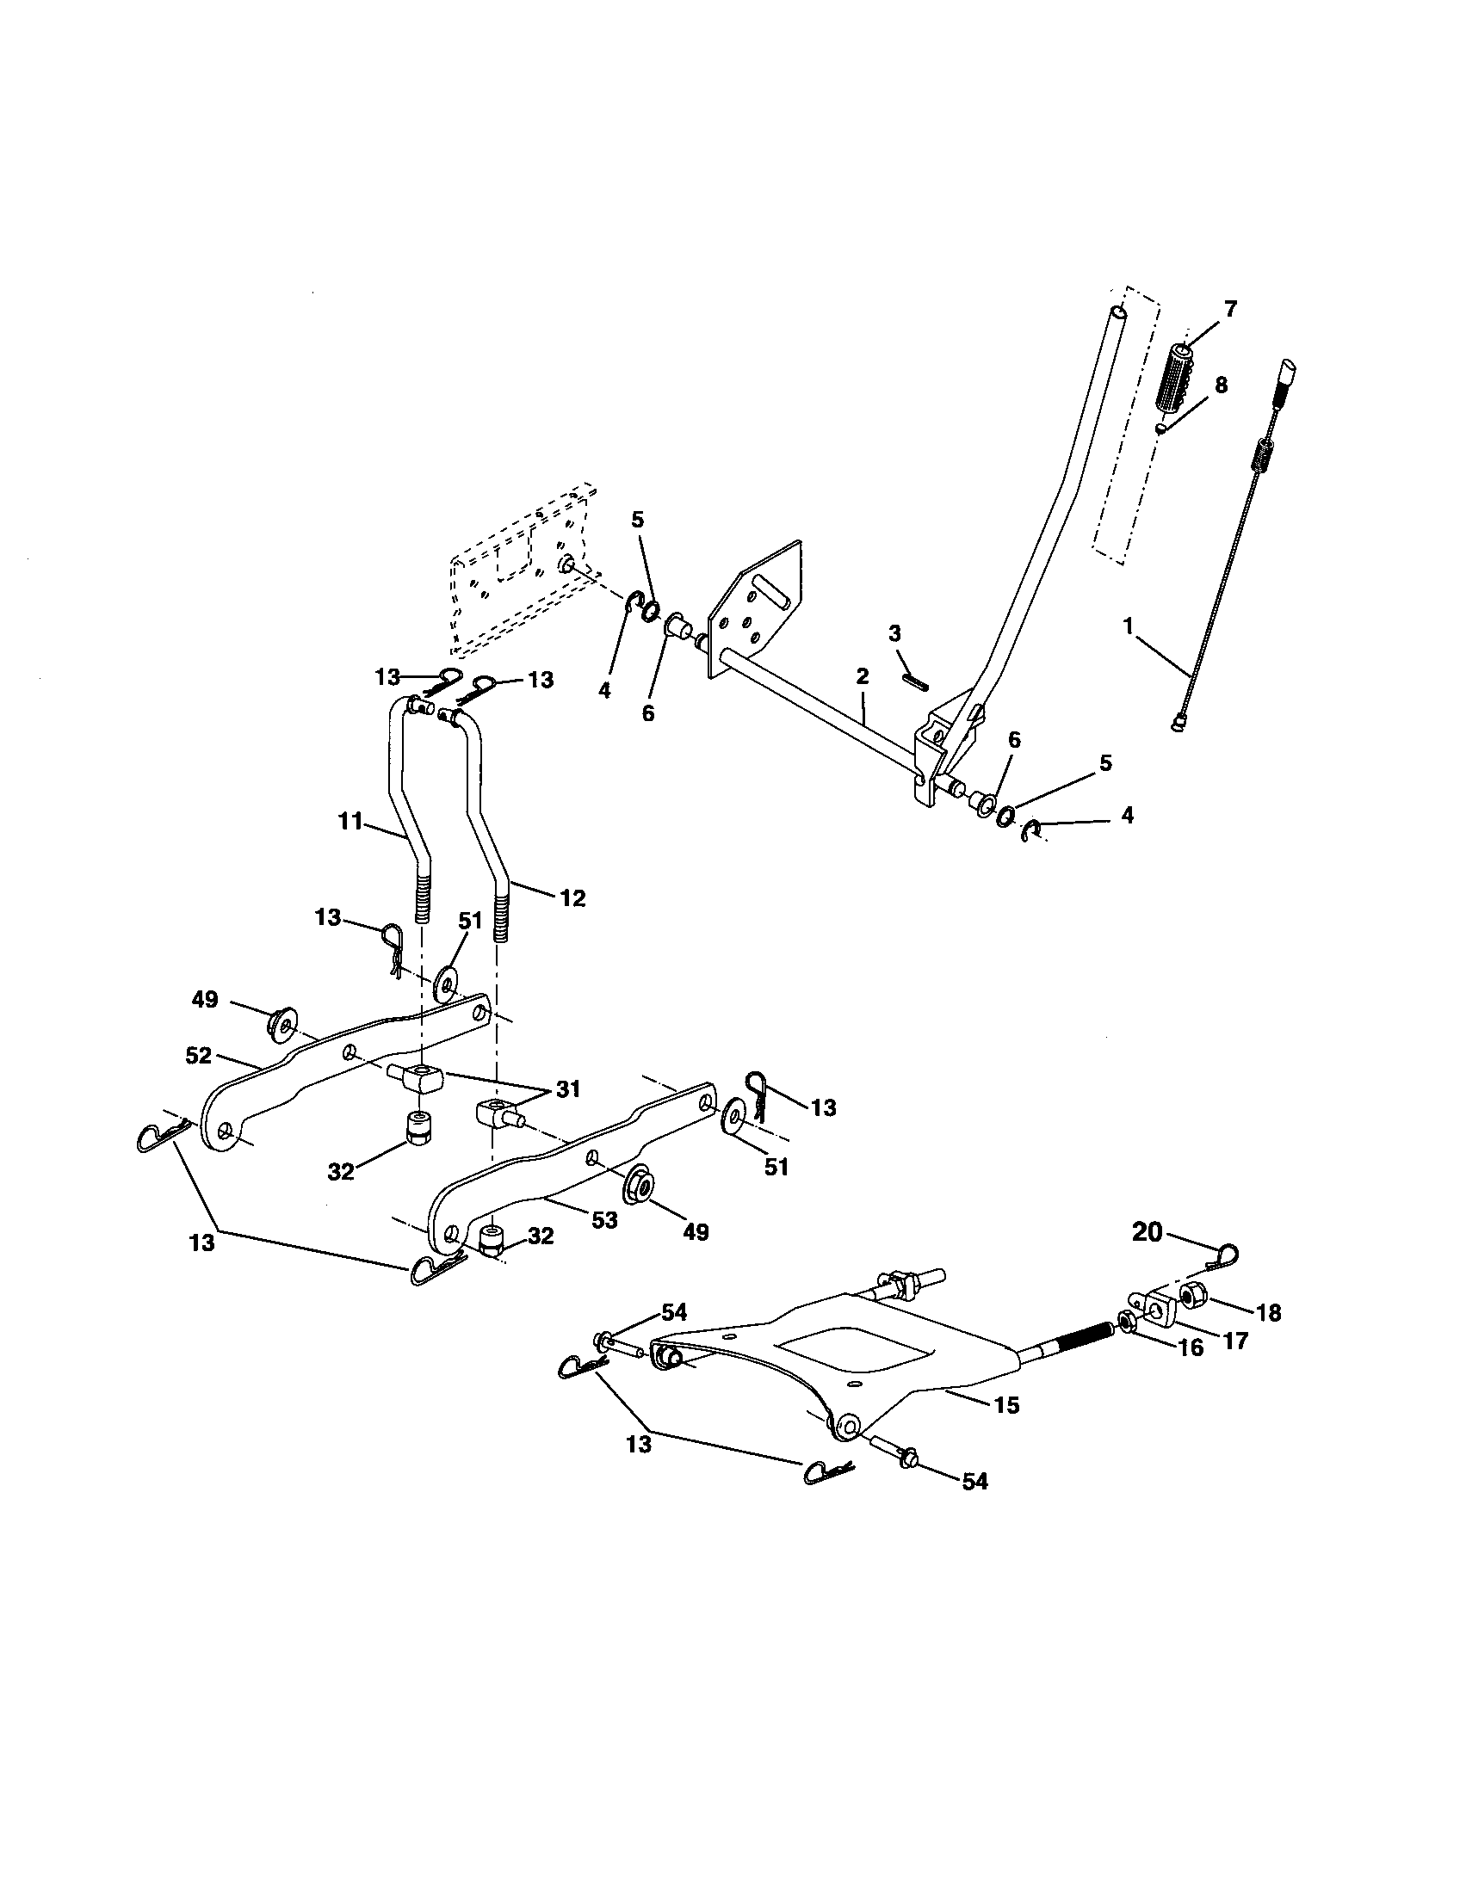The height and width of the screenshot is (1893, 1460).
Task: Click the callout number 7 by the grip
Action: coord(1230,309)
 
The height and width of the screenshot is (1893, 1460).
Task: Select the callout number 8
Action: coord(1221,385)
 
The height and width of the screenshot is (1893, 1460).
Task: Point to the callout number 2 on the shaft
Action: coord(862,676)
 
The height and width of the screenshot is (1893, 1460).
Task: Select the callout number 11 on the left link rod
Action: coord(350,820)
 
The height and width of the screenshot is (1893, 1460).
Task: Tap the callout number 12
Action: coord(572,898)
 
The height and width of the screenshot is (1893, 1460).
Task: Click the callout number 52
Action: coord(199,1056)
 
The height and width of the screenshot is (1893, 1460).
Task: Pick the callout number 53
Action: coord(603,1219)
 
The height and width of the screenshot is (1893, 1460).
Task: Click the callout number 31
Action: coord(568,1089)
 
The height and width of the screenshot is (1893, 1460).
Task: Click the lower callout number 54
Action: coord(974,1483)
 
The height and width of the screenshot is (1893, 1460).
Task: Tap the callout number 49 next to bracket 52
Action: coord(205,999)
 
